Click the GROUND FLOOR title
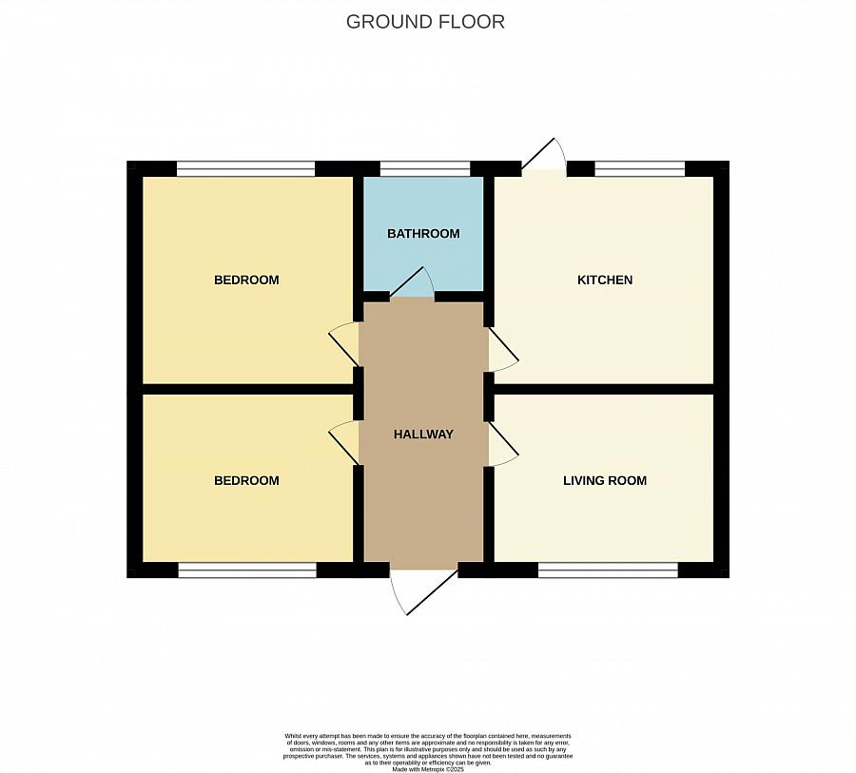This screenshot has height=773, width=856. click(x=425, y=22)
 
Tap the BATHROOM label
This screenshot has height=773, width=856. click(x=423, y=234)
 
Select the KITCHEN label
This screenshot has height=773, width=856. click(x=605, y=280)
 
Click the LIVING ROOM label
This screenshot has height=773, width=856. click(x=605, y=481)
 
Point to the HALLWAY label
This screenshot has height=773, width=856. click(x=423, y=435)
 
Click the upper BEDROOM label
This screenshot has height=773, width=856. click(x=246, y=280)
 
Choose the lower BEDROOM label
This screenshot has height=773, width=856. click(x=246, y=481)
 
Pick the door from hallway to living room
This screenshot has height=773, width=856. click(x=501, y=444)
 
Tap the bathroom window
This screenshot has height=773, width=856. click(x=424, y=169)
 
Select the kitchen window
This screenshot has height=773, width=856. click(x=639, y=169)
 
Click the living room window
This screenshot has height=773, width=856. click(x=608, y=570)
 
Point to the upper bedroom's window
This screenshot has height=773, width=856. click(x=245, y=169)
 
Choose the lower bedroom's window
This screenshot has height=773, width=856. click(x=247, y=570)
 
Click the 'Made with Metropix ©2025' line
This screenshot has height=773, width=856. click(x=427, y=767)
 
